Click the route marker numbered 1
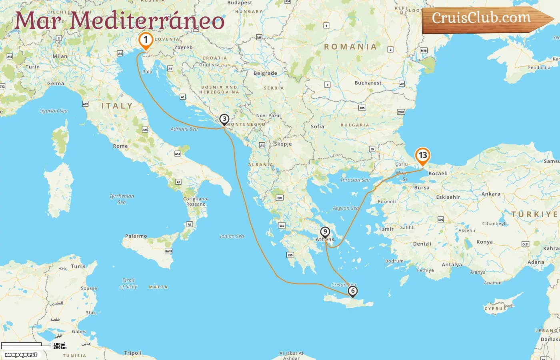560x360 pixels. point(146,40)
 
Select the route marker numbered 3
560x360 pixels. point(224,119)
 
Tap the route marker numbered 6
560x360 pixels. point(352,291)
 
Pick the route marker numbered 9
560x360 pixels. point(325,232)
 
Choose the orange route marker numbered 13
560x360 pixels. point(422,156)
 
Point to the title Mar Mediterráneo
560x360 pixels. point(119,21)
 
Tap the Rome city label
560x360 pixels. point(120,146)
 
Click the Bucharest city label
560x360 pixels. point(368,83)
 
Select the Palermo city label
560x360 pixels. point(136,236)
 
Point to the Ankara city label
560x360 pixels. point(491,194)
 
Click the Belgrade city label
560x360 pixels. point(265,74)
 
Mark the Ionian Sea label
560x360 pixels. point(232,236)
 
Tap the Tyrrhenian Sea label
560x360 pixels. point(122,199)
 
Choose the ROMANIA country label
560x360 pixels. point(350,47)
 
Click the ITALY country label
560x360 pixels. point(117,106)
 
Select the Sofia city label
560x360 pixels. point(317,127)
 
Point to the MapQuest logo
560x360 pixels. point(21,355)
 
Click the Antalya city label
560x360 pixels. point(452,265)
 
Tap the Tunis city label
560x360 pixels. point(78,266)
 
